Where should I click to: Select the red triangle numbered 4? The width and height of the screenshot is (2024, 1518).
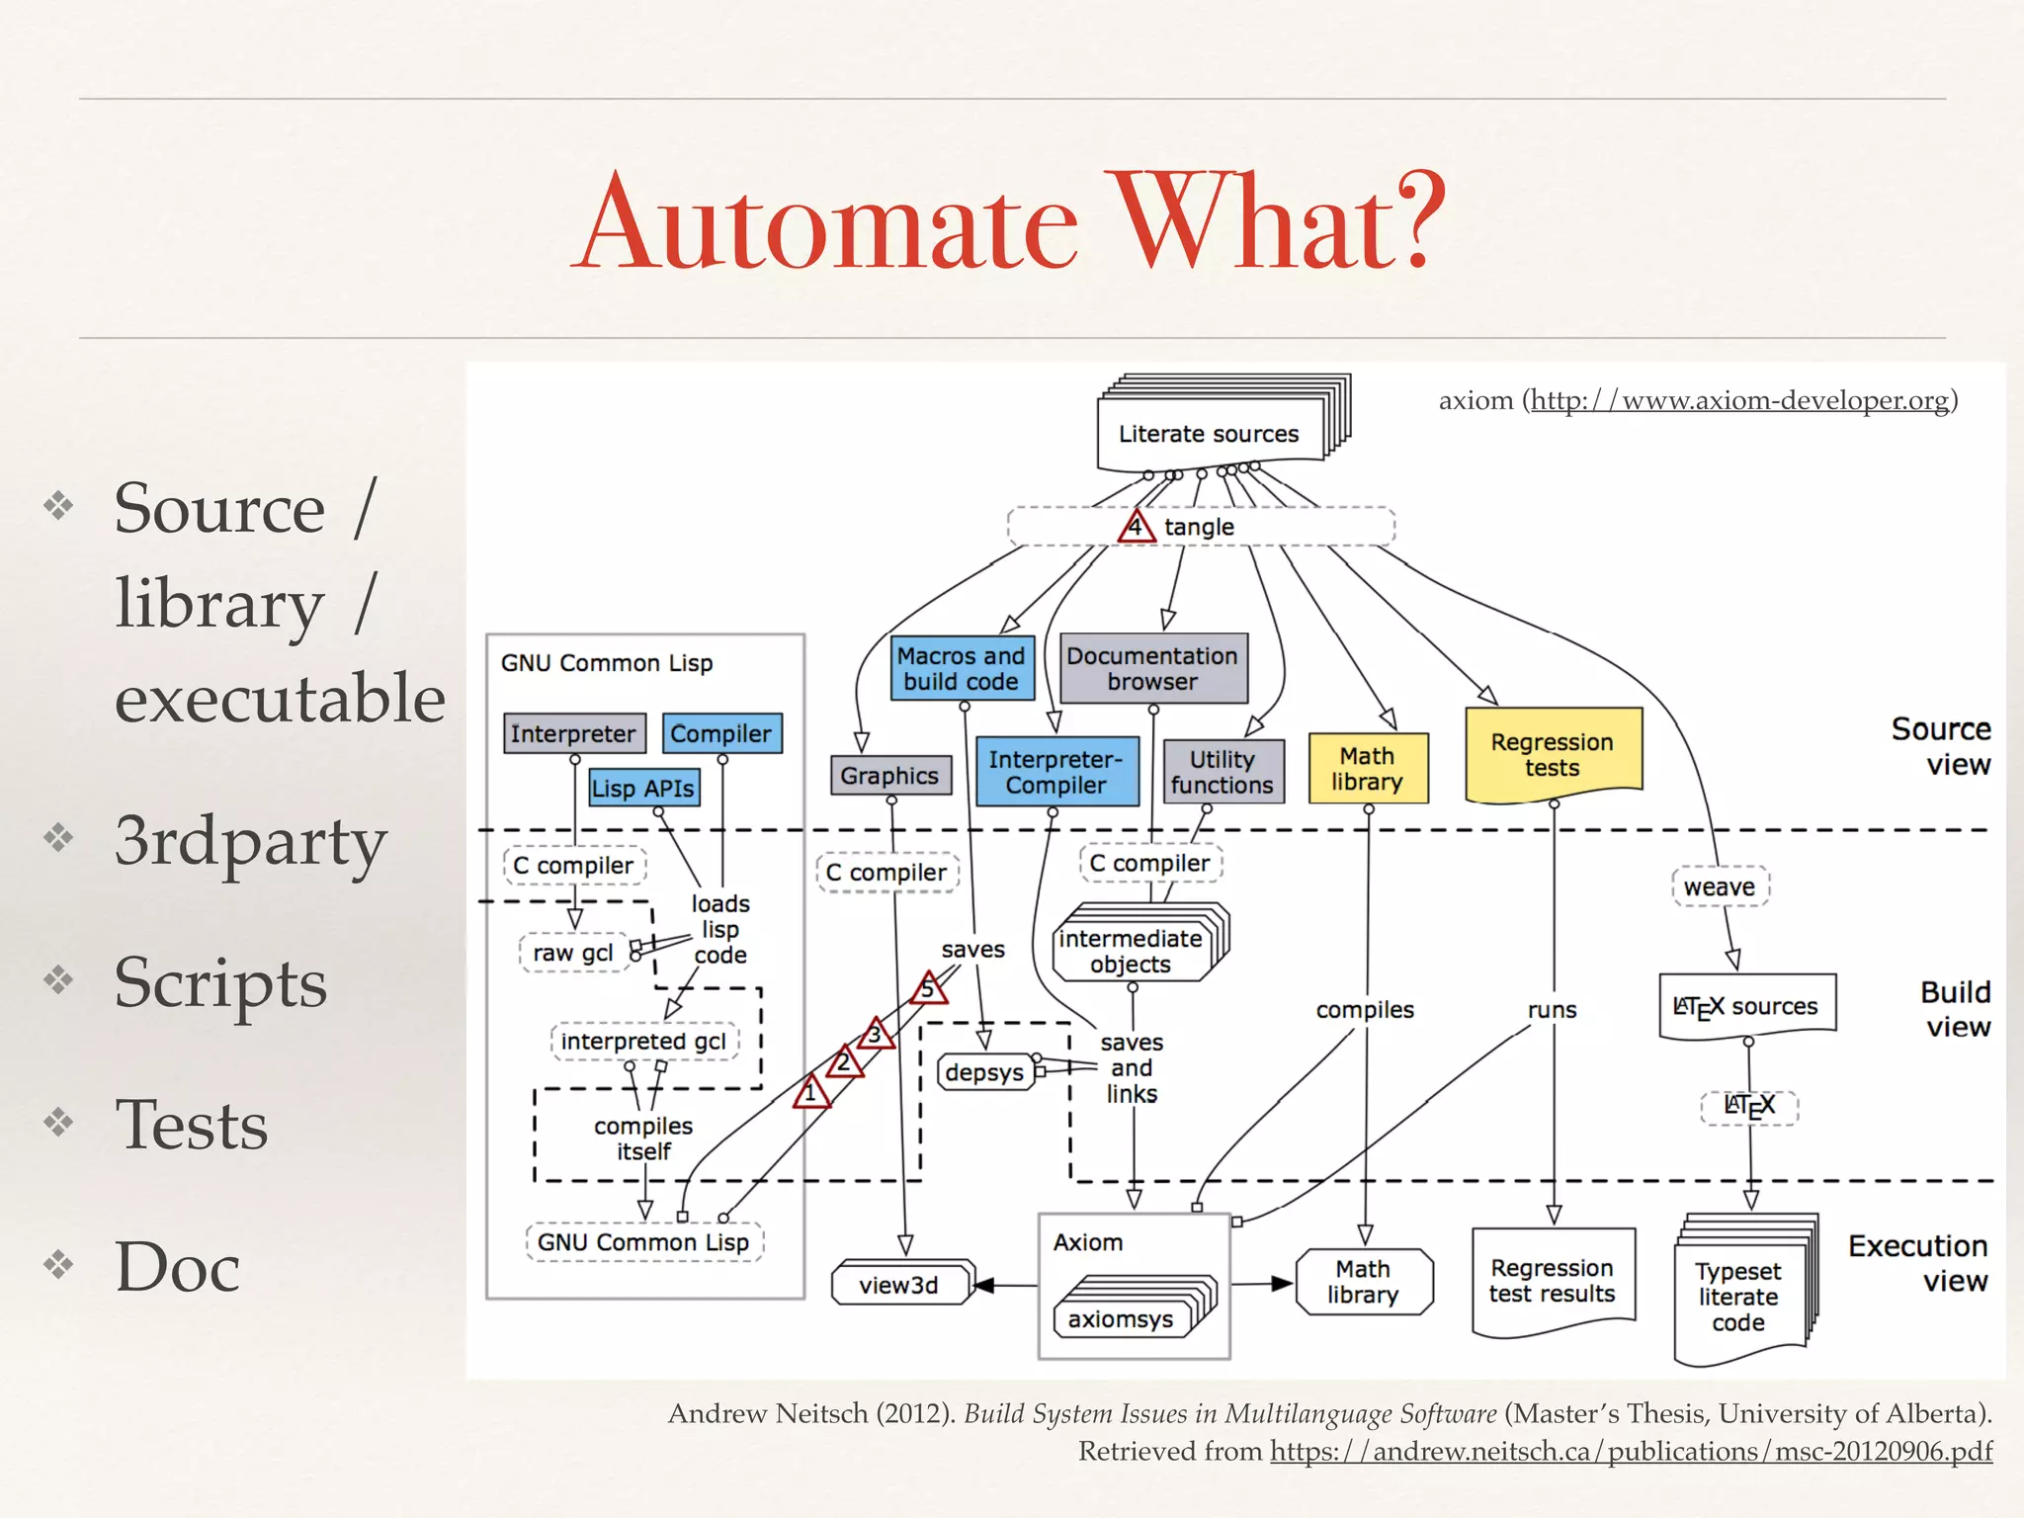pos(1136,527)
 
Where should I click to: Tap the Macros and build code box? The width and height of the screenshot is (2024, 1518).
pos(962,669)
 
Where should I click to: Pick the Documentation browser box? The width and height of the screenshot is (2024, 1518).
pos(1152,669)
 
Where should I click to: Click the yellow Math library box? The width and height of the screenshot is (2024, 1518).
pos(1368,769)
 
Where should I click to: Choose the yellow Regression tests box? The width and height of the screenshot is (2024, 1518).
pos(1553,754)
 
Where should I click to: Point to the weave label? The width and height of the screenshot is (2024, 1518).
pos(1720,887)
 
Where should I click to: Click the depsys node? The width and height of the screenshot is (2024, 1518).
pos(984,1072)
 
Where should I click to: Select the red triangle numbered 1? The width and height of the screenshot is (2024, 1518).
pos(810,1094)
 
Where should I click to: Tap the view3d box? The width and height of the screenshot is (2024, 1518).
pos(898,1285)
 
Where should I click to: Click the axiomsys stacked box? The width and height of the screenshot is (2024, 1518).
pos(1121,1319)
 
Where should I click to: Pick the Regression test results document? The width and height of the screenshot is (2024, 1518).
pos(1553,1281)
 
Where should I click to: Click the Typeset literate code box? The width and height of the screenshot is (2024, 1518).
pos(1739,1298)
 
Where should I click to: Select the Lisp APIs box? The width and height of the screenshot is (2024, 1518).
pos(643,789)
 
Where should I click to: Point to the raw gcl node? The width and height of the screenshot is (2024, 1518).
pos(573,953)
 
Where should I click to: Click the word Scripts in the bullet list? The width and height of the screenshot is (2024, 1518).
pos(220,983)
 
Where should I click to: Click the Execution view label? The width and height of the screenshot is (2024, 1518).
pos(1918,1263)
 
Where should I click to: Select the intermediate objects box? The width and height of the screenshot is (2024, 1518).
pos(1132,952)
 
